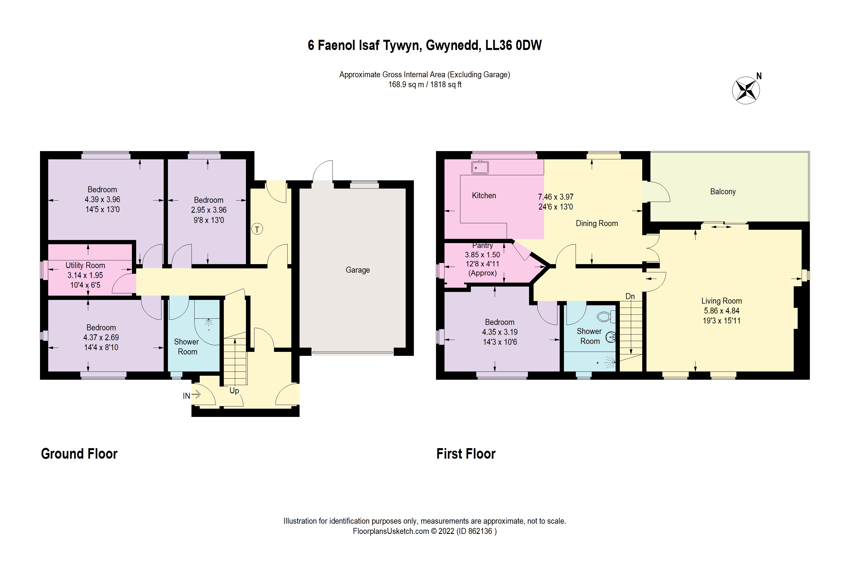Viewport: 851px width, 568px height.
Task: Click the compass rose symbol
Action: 746,90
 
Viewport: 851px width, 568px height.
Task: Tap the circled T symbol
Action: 257,229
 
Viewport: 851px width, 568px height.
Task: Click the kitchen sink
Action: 480,167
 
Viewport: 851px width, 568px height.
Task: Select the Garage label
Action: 357,270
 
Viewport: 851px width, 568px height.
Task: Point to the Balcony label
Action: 722,192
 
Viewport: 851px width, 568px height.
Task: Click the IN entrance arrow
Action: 196,394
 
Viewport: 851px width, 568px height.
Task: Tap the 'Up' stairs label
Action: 234,390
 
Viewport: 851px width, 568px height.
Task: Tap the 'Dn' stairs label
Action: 630,296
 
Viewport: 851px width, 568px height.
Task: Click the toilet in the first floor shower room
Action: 605,317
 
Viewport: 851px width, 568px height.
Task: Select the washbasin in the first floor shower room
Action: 610,337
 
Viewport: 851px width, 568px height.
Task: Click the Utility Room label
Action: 85,265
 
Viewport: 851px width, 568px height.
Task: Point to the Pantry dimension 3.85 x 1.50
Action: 482,255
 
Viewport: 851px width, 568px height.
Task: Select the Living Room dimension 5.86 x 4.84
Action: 721,311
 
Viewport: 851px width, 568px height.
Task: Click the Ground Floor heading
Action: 79,454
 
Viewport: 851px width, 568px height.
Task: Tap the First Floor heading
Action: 466,454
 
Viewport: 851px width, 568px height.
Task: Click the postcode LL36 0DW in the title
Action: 513,45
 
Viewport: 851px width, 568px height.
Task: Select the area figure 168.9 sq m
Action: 406,85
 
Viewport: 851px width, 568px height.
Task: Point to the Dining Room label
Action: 597,224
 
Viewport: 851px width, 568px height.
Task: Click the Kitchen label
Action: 484,196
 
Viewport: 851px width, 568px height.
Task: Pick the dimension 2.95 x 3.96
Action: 209,210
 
